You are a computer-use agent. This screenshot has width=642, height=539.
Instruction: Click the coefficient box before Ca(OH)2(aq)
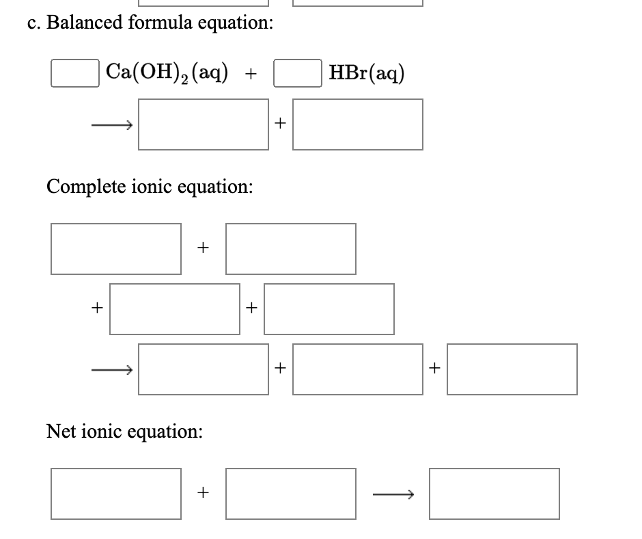tap(73, 73)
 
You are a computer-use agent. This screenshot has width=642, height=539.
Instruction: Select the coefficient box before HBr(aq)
tap(298, 73)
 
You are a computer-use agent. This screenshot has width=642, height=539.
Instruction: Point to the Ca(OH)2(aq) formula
tap(167, 72)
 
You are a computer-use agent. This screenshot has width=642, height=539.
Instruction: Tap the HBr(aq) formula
tap(366, 72)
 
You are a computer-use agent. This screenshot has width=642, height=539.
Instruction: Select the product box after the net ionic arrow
tap(494, 493)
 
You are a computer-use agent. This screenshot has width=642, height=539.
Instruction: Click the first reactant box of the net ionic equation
tap(116, 493)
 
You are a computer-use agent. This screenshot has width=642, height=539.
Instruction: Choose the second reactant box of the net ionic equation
tap(291, 493)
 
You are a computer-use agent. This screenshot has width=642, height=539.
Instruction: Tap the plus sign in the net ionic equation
tap(202, 492)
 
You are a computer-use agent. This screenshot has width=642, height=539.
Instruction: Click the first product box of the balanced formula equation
tap(204, 124)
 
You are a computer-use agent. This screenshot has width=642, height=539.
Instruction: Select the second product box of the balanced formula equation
tap(358, 124)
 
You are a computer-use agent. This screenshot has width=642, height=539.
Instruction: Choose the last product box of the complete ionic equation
tap(512, 369)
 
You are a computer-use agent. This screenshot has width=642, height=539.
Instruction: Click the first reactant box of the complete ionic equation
tap(116, 249)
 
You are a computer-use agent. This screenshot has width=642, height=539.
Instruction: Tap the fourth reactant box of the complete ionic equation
tap(329, 309)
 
